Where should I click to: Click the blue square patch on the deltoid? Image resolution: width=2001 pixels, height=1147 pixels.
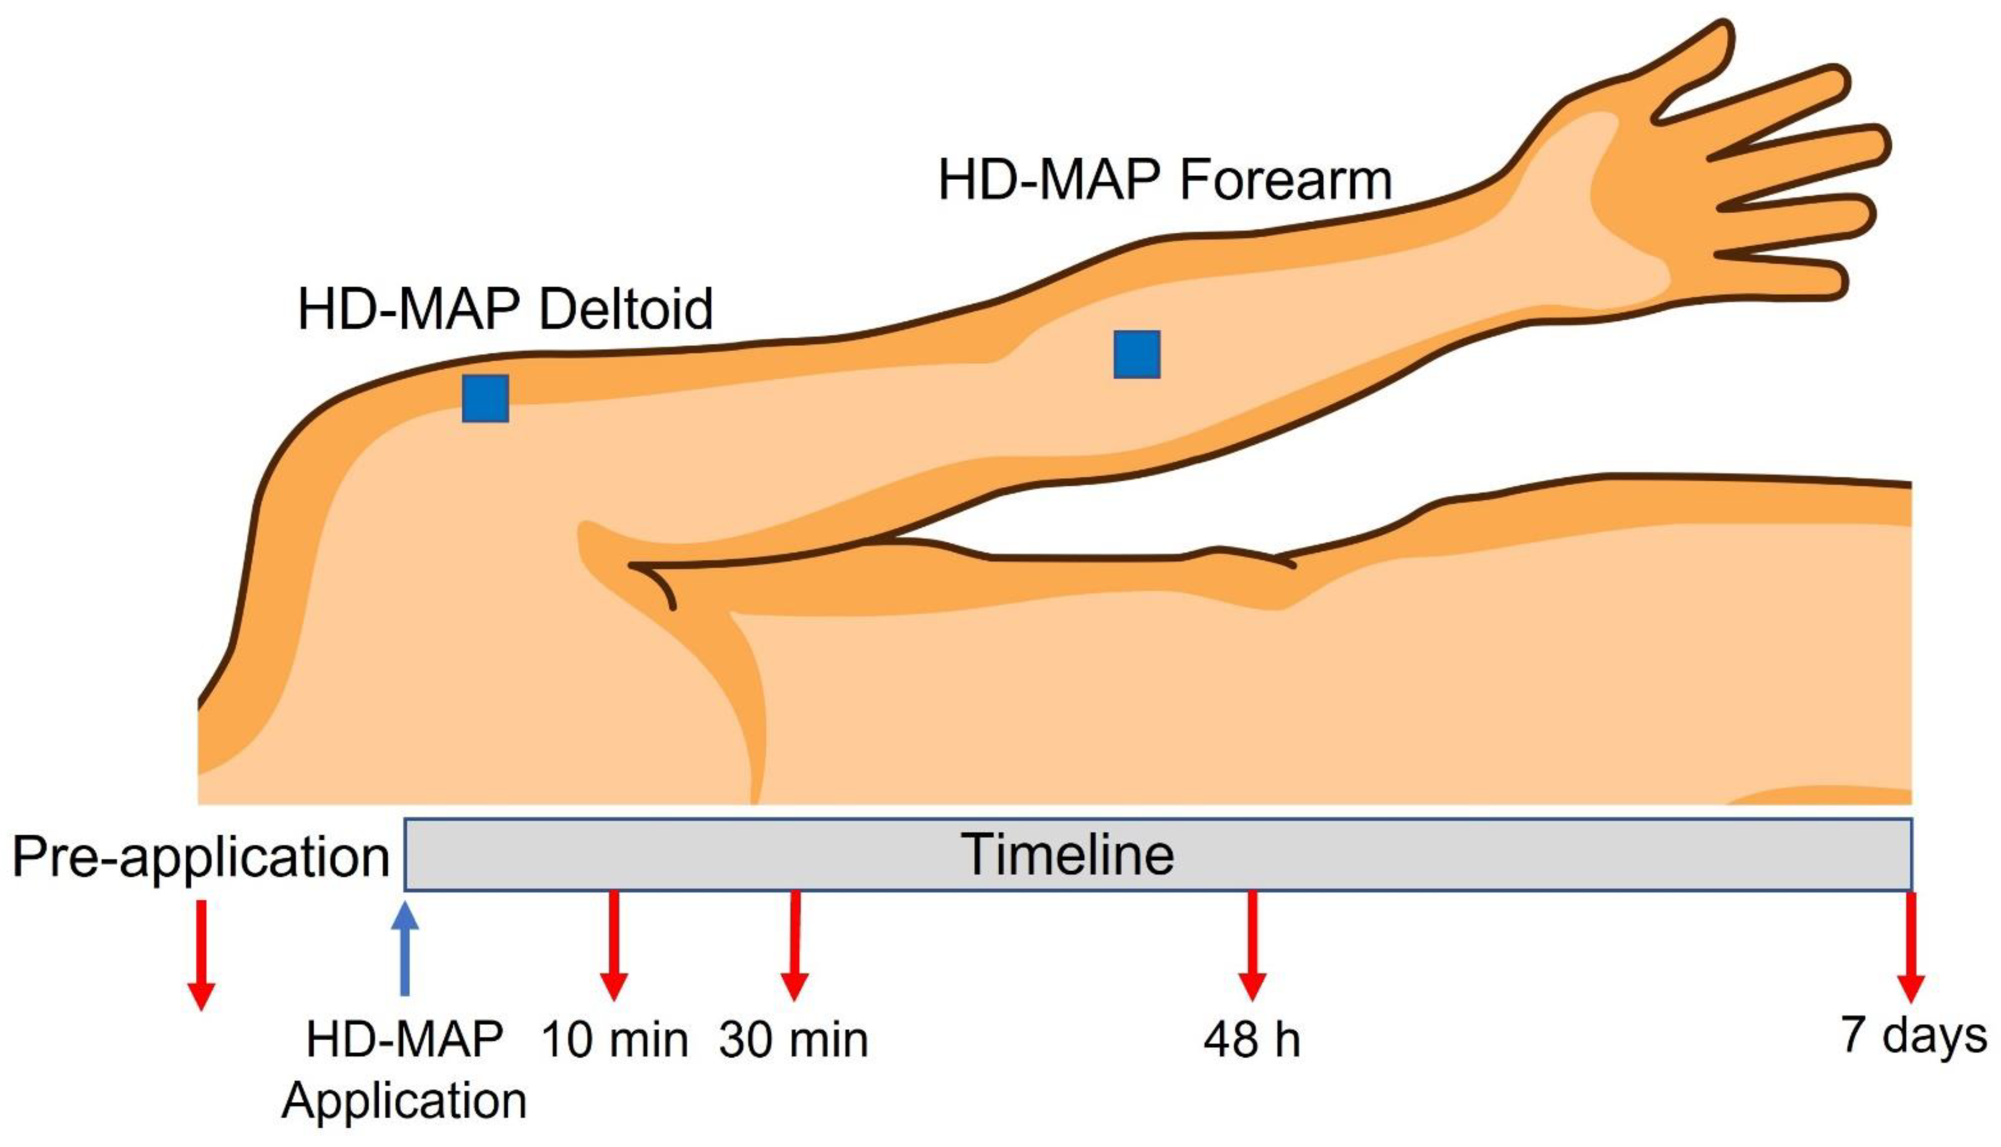(485, 399)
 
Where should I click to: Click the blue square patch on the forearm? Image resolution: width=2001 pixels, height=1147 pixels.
(1137, 355)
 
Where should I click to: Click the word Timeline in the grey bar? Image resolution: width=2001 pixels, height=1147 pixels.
(1067, 855)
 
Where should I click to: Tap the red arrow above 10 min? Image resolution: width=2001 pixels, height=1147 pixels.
(614, 945)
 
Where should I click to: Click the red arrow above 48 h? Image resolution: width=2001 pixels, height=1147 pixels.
(1252, 945)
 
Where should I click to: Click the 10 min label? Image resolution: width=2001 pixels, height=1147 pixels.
(615, 1040)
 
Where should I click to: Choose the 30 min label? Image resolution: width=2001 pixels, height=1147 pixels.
(793, 1040)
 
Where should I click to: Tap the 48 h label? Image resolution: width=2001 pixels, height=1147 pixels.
(1252, 1040)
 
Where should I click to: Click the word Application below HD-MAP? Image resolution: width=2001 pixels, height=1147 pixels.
(404, 1101)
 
